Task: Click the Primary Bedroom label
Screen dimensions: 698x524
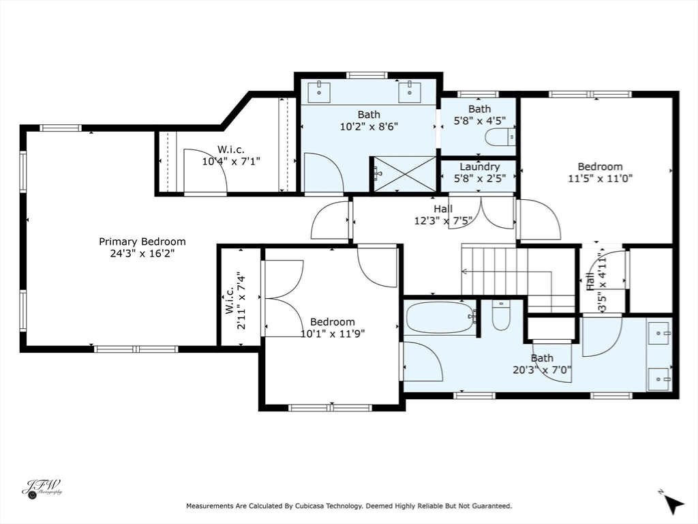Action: coord(142,242)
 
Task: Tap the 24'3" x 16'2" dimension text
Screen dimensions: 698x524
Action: coord(142,254)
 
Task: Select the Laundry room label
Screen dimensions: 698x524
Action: coord(479,166)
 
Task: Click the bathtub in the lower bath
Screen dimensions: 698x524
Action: coord(440,317)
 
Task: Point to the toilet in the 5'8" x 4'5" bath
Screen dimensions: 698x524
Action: coord(500,136)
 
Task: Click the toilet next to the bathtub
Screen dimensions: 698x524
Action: coord(501,316)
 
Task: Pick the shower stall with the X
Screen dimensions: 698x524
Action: coord(405,174)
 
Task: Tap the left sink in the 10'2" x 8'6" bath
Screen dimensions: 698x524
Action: coord(319,91)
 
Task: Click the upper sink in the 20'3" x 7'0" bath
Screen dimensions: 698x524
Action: coord(659,333)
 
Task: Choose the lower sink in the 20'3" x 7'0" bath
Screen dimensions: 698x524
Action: coord(659,379)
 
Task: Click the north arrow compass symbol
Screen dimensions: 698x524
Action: coord(672,503)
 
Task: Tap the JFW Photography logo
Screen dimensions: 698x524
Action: coord(42,489)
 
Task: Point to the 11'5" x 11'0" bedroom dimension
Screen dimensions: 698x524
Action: coord(600,179)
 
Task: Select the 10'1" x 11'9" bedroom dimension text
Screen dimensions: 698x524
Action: coord(333,334)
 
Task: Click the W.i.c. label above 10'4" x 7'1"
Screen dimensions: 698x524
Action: coord(230,149)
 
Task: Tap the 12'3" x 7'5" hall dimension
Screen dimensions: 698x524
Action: coord(443,220)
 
